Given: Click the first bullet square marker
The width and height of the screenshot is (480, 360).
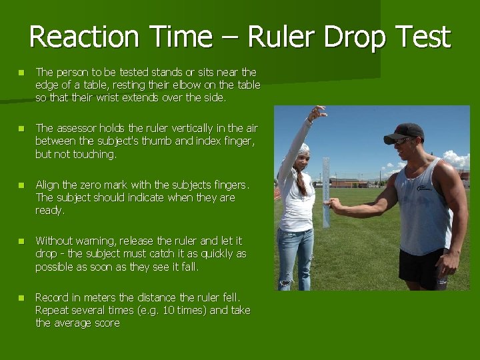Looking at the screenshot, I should click(21, 72).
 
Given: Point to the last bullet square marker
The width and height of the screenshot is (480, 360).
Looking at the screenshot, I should click(21, 298).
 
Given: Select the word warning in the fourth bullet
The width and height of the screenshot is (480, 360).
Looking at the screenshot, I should click(96, 241).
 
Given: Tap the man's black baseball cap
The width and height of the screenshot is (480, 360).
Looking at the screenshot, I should click(405, 131).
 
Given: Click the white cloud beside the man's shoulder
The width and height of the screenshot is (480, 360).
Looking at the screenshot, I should click(457, 159).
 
